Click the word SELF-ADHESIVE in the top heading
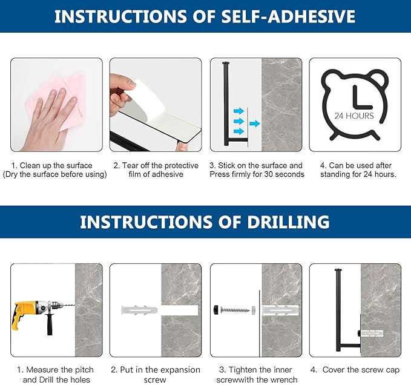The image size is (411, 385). [x=288, y=16]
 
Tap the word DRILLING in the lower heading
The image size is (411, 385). [x=288, y=222]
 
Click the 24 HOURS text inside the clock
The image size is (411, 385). [x=354, y=116]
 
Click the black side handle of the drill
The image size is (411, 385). [x=50, y=324]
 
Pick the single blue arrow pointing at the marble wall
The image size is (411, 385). [x=254, y=123]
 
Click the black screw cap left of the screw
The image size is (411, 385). [x=217, y=310]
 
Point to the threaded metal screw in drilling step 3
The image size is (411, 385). [x=235, y=311]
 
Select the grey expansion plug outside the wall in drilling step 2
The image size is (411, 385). [x=139, y=311]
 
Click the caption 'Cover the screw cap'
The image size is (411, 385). [x=361, y=370]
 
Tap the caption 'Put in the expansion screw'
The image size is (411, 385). [x=156, y=375]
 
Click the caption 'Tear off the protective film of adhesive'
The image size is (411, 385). [x=156, y=170]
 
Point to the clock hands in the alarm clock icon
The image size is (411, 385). [x=362, y=98]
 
